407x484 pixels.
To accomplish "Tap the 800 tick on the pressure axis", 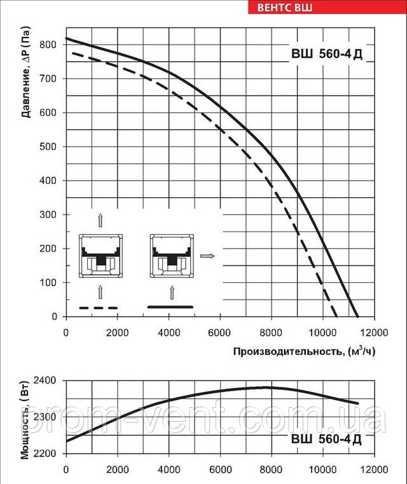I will point(51,45).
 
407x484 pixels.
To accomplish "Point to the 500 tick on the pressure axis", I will point(51,147).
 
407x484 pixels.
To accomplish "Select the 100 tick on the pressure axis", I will point(51,282).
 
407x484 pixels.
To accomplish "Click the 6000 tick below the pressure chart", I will point(219,331).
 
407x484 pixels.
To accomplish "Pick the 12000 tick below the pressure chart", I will point(373,331).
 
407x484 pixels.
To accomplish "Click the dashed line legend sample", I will point(99,308).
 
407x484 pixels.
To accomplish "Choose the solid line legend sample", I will point(170,307).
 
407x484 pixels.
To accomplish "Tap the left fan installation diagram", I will point(100,256).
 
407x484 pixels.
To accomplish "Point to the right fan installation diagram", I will point(170,256).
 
